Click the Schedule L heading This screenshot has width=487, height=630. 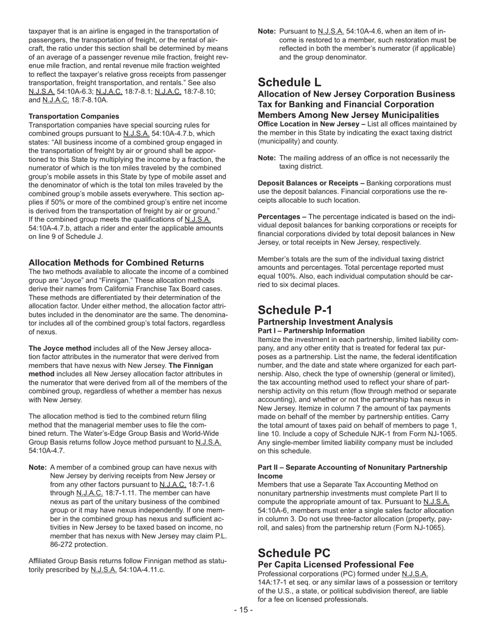click(x=290, y=82)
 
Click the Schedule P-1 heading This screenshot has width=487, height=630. click(x=295, y=310)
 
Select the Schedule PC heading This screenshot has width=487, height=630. click(x=294, y=553)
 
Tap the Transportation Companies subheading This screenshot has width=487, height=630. click(x=74, y=116)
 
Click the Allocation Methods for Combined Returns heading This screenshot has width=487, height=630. click(x=116, y=262)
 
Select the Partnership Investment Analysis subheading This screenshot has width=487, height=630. click(x=325, y=322)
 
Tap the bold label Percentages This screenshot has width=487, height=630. click(x=279, y=217)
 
